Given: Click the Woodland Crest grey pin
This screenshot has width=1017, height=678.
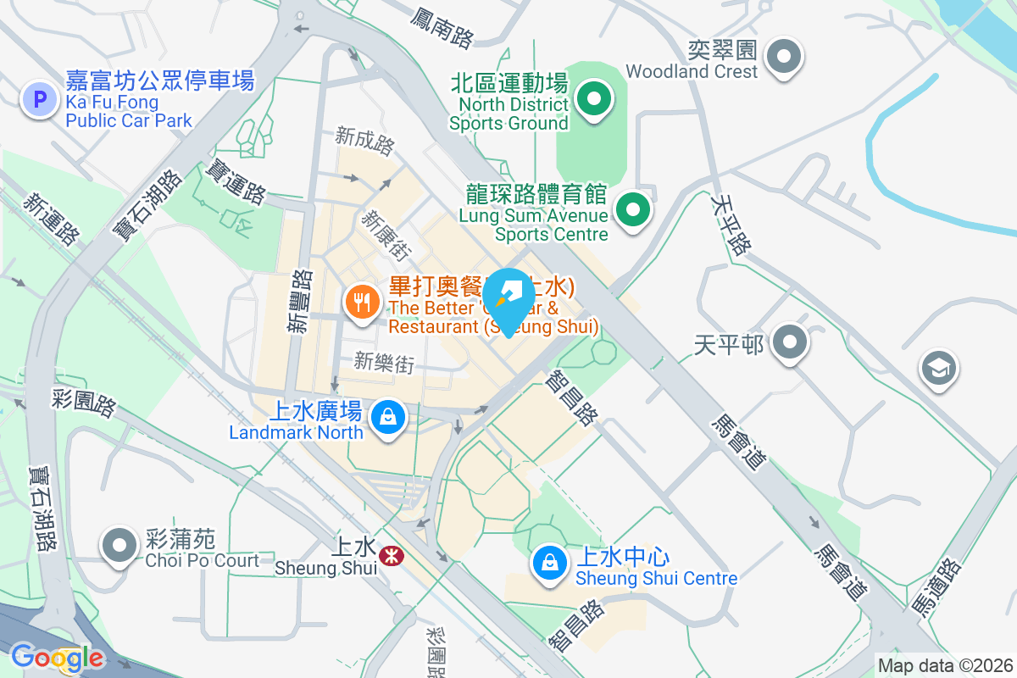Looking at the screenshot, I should pyautogui.click(x=784, y=58).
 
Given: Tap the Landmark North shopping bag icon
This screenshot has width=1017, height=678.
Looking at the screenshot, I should pyautogui.click(x=387, y=418).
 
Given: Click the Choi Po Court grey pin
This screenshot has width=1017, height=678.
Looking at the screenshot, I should pyautogui.click(x=119, y=545).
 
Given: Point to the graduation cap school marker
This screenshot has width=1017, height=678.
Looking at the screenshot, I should pyautogui.click(x=938, y=370).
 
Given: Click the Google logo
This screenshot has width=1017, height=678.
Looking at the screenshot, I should pyautogui.click(x=57, y=658).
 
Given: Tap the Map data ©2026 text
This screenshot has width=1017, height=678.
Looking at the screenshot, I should pyautogui.click(x=945, y=665).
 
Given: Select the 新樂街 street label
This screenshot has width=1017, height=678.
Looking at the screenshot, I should pyautogui.click(x=385, y=364).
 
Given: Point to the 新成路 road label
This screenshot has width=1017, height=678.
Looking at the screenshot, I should pyautogui.click(x=365, y=141).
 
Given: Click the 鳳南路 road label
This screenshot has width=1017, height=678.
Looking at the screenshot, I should pyautogui.click(x=442, y=28).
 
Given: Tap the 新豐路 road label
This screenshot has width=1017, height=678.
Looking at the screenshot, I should pyautogui.click(x=300, y=302).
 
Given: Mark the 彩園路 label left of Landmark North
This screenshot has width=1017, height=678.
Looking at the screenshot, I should pyautogui.click(x=84, y=403).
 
